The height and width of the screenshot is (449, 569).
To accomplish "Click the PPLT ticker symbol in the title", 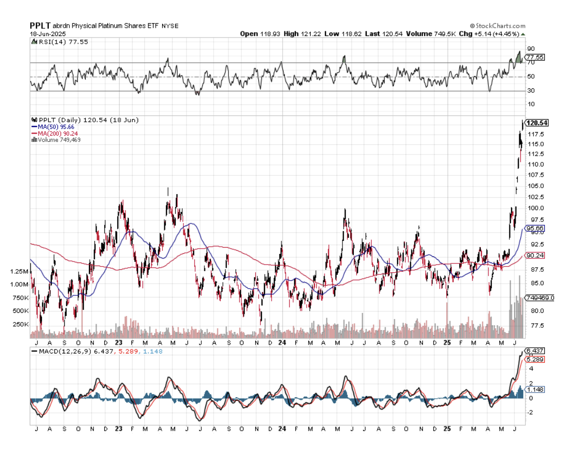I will pyautogui.click(x=40, y=25).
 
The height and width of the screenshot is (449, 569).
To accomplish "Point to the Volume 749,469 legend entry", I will pyautogui.click(x=58, y=140).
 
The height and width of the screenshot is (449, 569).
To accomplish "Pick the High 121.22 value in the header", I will pyautogui.click(x=299, y=34).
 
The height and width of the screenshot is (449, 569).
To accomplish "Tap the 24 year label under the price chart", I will pyautogui.click(x=281, y=342).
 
